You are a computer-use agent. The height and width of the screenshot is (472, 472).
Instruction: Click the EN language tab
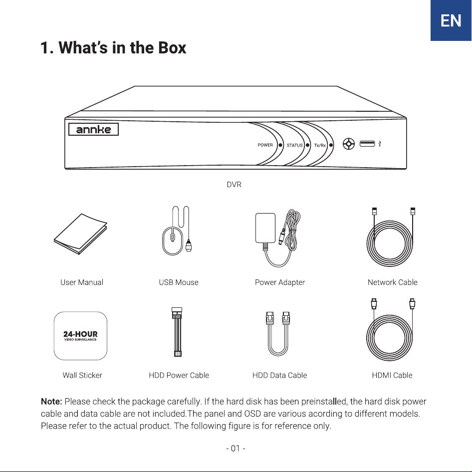451,20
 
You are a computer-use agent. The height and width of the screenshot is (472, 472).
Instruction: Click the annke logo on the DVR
93,129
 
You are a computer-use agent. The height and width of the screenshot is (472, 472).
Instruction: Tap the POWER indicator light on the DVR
280,145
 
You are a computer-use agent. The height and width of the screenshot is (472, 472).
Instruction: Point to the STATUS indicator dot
307,145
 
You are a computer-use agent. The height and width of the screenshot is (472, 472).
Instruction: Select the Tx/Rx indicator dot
331,145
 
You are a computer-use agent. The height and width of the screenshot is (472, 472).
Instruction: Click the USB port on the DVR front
367,144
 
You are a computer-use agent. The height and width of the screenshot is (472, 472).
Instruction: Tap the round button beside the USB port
349,144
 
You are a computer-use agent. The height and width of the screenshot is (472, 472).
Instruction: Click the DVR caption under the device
234,185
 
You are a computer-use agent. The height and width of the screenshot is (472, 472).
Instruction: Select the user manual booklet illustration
80,234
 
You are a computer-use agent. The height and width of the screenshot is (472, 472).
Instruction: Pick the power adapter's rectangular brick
265,228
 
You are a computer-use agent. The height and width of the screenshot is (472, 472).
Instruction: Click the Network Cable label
392,282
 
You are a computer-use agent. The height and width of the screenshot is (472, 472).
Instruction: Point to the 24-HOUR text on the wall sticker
80,334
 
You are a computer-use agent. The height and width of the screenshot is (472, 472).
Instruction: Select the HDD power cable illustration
177,332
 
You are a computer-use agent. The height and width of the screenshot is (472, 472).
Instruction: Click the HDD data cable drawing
277,334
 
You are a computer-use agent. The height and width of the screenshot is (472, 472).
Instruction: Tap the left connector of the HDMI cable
374,304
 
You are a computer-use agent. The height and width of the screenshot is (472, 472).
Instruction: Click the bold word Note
51,402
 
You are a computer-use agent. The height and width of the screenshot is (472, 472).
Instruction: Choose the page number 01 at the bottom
236,449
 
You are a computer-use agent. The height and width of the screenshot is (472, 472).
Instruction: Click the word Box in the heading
172,47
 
